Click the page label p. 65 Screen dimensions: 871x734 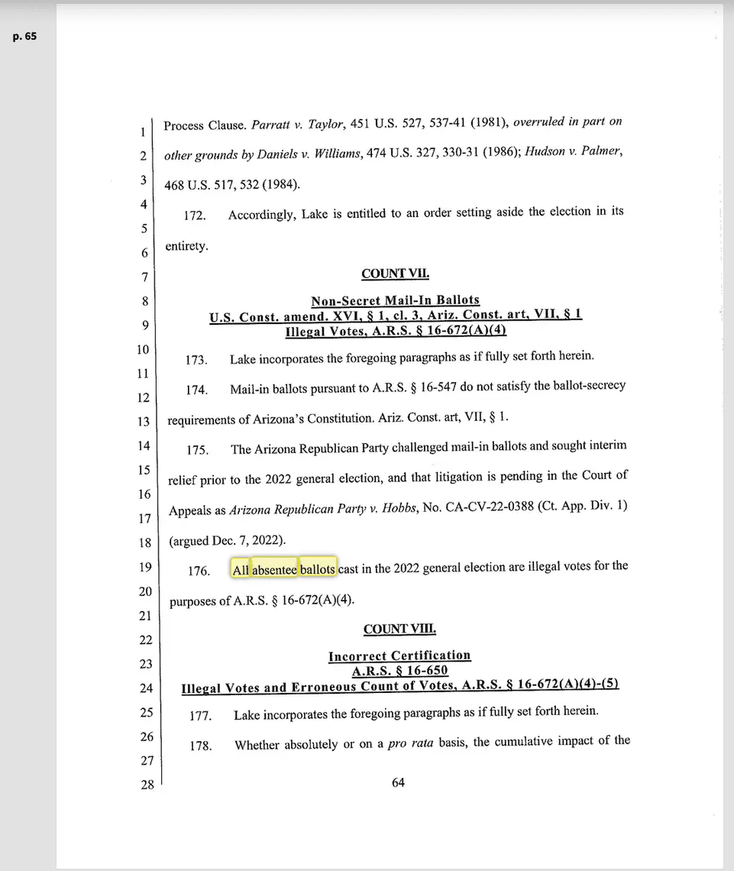coord(24,36)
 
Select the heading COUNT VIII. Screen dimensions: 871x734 coord(399,629)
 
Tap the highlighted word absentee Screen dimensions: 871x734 coord(274,569)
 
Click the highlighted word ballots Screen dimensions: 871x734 coord(318,569)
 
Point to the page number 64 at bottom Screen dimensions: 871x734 coord(398,782)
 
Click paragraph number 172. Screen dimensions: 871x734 coord(195,216)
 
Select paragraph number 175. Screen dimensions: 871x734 coord(197,450)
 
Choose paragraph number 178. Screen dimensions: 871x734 coord(201,746)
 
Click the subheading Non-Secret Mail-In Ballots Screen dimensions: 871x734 coord(395,300)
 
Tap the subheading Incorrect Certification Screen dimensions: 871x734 coord(399,656)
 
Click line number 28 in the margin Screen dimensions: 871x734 coord(147,785)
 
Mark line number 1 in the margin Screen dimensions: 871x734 coord(143,131)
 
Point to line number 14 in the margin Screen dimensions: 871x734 coord(144,445)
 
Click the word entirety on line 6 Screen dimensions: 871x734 coord(186,246)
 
